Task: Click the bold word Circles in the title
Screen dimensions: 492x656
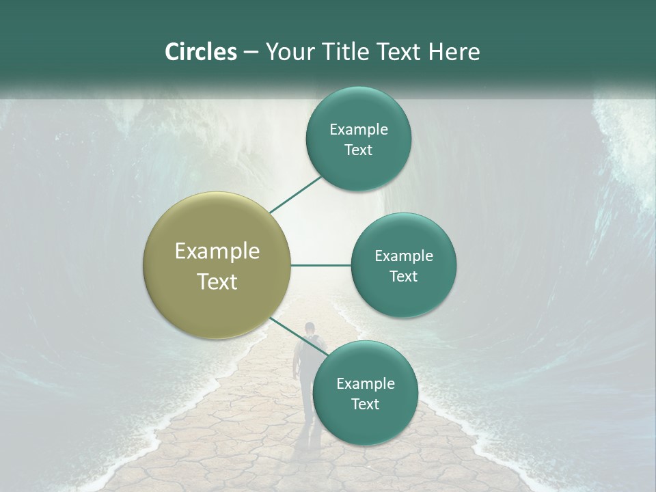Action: [200, 52]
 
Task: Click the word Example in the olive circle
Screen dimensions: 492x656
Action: [217, 251]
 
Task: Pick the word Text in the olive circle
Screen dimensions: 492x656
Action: [217, 282]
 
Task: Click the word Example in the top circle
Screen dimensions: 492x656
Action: [358, 129]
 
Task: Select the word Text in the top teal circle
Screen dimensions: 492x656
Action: [358, 150]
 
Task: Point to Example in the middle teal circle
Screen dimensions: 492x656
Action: [403, 256]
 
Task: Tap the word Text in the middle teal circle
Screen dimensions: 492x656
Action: [403, 276]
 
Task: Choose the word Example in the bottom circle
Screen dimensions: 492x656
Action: [365, 383]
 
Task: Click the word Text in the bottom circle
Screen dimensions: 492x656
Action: [365, 404]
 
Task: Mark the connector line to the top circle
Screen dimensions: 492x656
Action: [295, 194]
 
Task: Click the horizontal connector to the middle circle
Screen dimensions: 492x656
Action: [320, 265]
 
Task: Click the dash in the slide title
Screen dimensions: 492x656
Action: [251, 53]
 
